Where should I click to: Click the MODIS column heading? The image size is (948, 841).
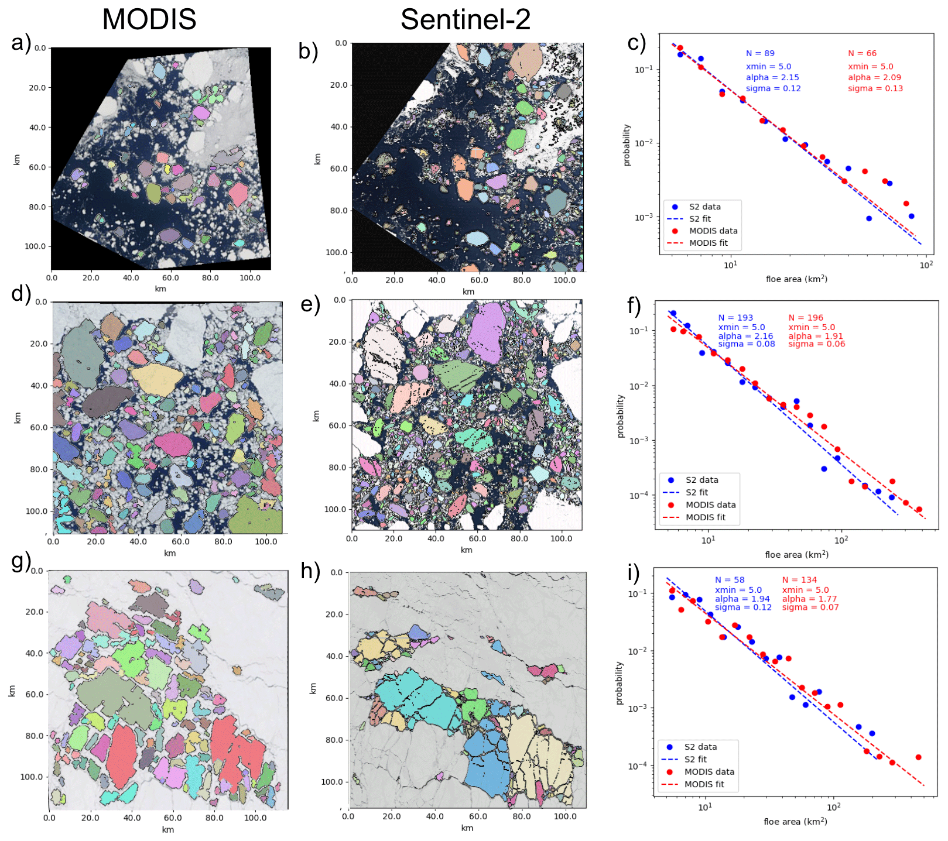point(149,19)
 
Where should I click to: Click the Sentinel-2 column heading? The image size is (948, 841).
point(465,19)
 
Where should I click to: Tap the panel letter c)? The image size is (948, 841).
point(636,43)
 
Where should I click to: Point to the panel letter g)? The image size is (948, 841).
point(21,561)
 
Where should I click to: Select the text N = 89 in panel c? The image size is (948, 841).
point(760,53)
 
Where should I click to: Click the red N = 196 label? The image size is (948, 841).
point(805,318)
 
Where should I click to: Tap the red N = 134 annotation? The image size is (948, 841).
point(799,580)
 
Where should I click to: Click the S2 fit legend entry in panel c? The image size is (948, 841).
point(699,219)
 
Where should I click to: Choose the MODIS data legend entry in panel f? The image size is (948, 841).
point(710,505)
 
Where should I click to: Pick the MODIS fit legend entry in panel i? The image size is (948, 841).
point(704,784)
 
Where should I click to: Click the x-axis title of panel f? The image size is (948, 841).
point(796,554)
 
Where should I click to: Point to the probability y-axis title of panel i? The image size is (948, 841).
point(620,683)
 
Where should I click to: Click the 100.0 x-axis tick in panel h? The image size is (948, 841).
point(564,816)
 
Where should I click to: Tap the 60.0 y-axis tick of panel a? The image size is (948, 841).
point(37,167)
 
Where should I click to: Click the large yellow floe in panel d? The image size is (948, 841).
point(157,380)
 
